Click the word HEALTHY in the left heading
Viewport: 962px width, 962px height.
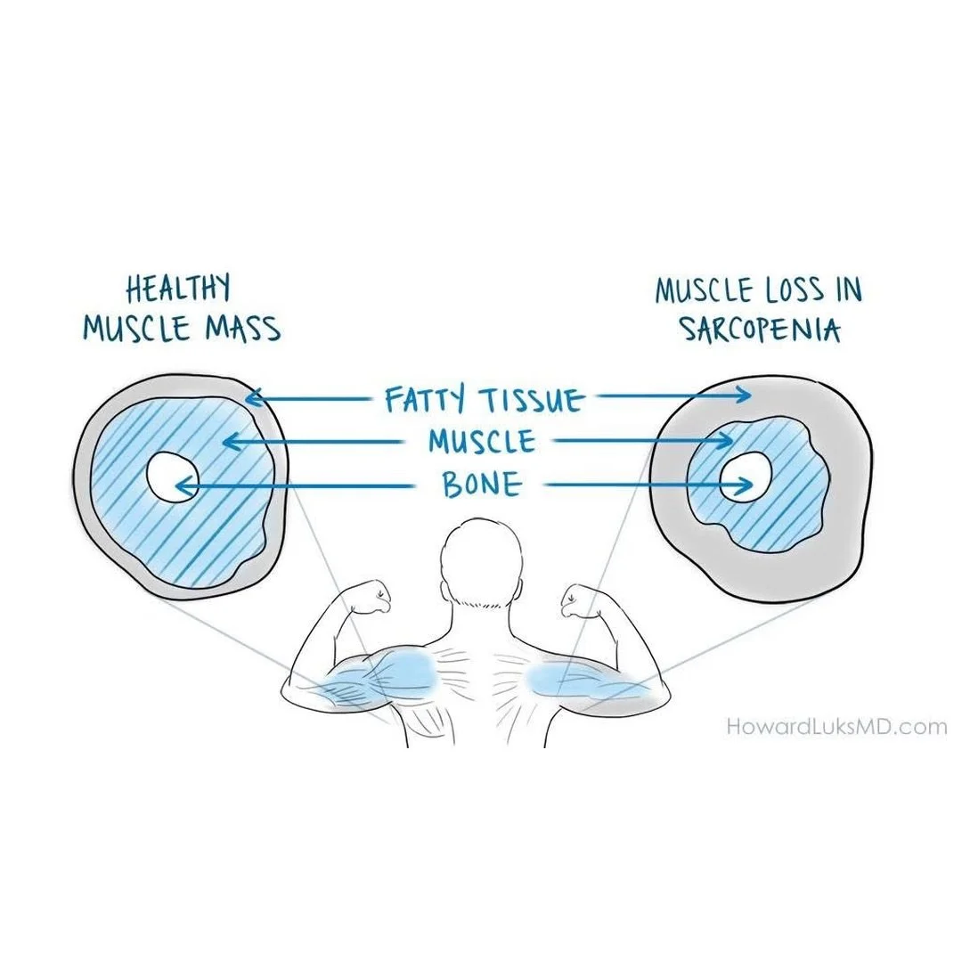[x=178, y=289]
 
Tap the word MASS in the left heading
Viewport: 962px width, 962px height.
[x=241, y=329]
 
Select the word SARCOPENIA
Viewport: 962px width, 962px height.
[x=761, y=330]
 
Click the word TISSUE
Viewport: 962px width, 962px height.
[x=531, y=401]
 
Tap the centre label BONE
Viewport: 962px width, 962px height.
[x=481, y=485]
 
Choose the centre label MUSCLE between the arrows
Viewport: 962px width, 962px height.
[x=481, y=442]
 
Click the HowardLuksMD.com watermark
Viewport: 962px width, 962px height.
[x=836, y=727]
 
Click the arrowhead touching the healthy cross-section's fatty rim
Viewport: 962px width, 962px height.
[x=252, y=399]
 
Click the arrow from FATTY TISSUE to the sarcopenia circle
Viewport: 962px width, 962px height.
[x=673, y=395]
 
